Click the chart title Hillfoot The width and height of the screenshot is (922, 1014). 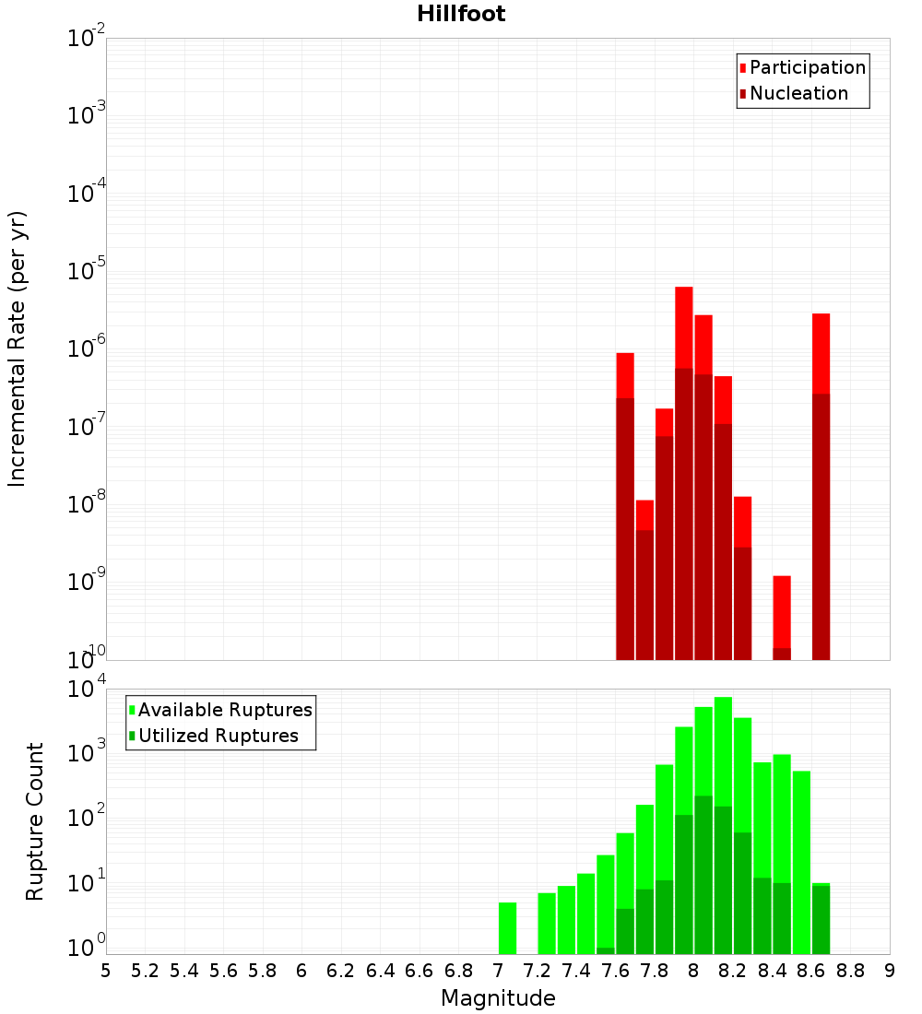click(x=461, y=14)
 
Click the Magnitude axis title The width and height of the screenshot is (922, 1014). click(x=498, y=998)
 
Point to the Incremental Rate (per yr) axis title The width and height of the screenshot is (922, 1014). click(x=18, y=349)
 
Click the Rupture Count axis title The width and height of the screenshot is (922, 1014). click(x=35, y=821)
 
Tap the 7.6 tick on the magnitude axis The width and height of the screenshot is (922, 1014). click(x=616, y=971)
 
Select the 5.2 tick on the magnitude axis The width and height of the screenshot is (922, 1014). click(x=146, y=971)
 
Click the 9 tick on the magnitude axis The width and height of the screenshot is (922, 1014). click(x=890, y=971)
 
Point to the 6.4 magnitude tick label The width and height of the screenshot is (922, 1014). click(x=381, y=971)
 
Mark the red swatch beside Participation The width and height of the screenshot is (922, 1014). click(x=743, y=68)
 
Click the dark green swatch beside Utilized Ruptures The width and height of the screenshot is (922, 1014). click(x=132, y=737)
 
